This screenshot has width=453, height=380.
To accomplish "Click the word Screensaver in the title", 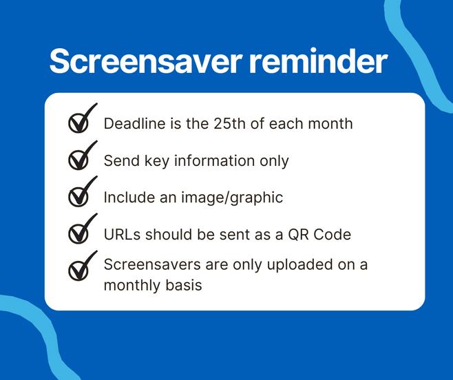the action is point(146,61).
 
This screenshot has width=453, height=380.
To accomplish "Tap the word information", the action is point(214,160).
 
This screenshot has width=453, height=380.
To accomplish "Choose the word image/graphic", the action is point(232,198).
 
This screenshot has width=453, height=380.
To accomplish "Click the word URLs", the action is point(123,234).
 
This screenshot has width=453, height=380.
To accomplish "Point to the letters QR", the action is point(298,234).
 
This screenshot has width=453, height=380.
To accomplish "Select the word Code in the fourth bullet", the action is point(333,234).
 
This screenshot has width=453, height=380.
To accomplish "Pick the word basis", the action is point(184,285).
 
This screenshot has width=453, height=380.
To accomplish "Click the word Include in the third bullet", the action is point(129,198).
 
